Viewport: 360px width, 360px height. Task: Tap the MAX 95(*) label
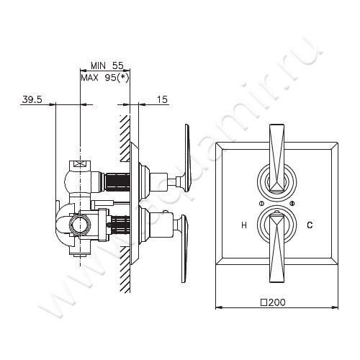click(x=104, y=77)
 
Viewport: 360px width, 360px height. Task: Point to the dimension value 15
click(x=161, y=100)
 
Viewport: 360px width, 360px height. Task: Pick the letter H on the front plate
click(x=244, y=225)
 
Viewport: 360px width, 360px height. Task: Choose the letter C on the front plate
click(x=310, y=225)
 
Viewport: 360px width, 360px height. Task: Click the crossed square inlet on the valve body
click(x=80, y=165)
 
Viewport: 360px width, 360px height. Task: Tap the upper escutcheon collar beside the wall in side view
click(x=143, y=178)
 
